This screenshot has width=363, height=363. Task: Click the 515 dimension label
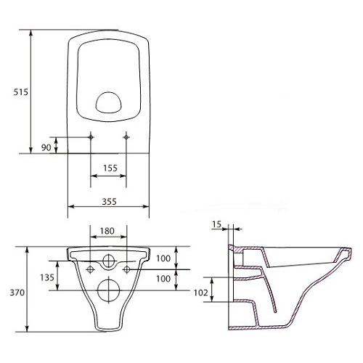(21, 92)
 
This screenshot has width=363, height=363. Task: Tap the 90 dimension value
(46, 147)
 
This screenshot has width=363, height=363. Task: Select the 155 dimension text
(110, 168)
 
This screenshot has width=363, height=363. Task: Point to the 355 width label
(109, 201)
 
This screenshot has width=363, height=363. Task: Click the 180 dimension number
(107, 231)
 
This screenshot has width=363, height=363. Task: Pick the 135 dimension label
(47, 277)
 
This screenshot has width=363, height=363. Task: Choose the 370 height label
(17, 293)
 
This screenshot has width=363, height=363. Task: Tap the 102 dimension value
(200, 293)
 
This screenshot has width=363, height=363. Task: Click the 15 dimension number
(216, 224)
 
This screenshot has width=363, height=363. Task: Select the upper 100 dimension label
(163, 258)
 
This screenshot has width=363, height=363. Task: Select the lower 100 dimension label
(163, 279)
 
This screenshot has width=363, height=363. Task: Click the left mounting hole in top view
(91, 137)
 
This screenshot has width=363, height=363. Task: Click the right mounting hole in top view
(126, 137)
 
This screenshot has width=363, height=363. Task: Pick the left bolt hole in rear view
(90, 269)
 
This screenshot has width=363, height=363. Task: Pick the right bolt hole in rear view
(127, 269)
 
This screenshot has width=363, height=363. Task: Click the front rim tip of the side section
(351, 250)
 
